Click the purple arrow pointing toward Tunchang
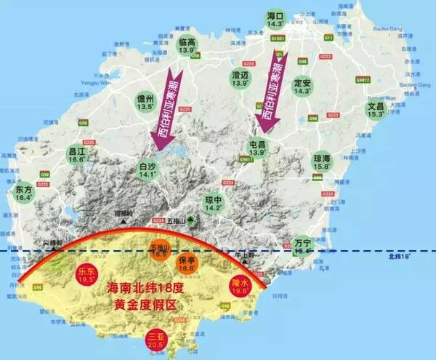click(272, 91)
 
